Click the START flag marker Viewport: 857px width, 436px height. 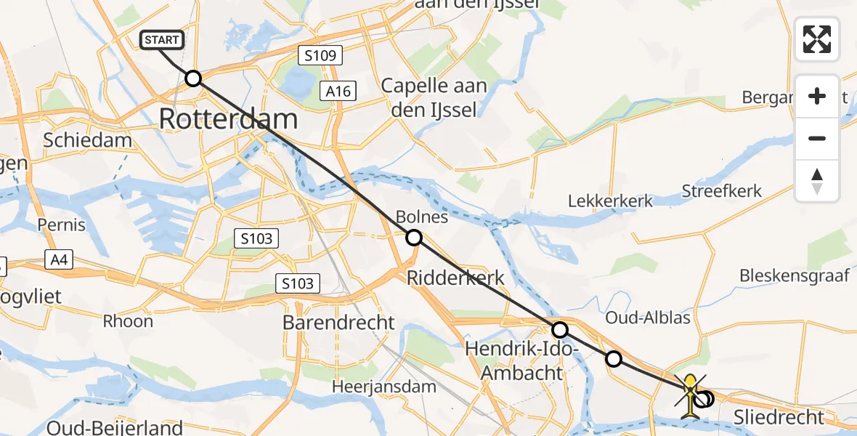coord(162,40)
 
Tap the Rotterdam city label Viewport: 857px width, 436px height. coord(228,119)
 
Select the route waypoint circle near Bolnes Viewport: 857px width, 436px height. coord(413,238)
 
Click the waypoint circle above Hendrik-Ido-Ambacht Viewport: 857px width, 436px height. coord(560,330)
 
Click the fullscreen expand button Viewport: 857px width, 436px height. coord(817,39)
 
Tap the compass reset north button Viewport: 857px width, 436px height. coord(817,181)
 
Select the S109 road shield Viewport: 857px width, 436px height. coord(320,56)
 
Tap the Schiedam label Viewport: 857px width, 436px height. coord(88,141)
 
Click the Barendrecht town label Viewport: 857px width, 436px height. coord(340,323)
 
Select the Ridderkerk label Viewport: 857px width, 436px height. coord(455,278)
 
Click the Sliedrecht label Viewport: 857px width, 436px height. coord(779,417)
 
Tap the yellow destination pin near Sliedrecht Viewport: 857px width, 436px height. coord(691,392)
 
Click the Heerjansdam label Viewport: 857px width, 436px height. coord(384,387)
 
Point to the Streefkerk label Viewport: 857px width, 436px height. coord(722,191)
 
